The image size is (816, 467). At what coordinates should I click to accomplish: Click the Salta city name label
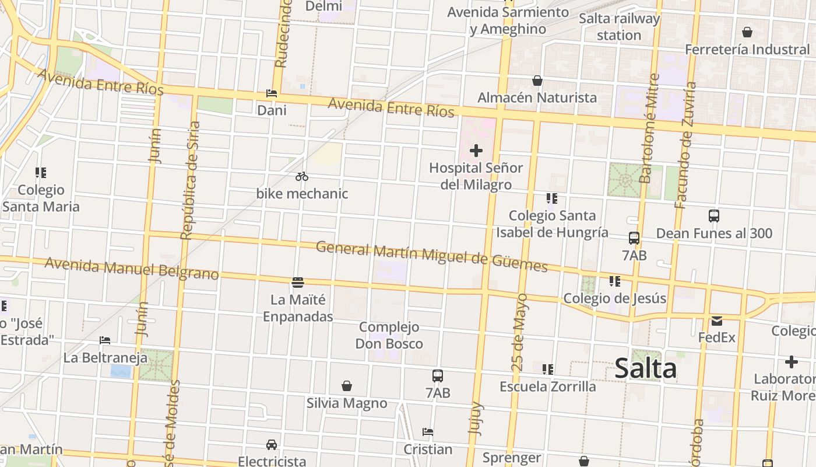coord(646,368)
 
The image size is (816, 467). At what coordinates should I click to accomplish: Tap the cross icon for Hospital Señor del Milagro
coord(476,151)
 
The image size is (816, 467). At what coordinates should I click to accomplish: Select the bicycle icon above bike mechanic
coord(301,176)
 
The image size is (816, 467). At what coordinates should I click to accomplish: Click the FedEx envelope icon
coord(717,320)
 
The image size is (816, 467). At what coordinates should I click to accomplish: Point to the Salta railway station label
coord(619,27)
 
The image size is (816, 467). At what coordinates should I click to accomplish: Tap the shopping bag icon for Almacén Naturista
coord(537,81)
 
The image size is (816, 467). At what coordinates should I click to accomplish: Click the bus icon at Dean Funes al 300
coord(714,216)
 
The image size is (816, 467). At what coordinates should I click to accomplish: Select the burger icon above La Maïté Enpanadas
coord(298,283)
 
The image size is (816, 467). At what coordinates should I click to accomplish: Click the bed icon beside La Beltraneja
coord(105,340)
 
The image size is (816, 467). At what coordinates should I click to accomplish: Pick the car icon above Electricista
coord(272,445)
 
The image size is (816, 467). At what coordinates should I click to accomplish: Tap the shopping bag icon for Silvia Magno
coord(347,386)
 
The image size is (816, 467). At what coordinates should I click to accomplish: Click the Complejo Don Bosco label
coord(389,335)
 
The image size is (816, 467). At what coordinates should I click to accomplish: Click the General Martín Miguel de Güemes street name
coord(431,256)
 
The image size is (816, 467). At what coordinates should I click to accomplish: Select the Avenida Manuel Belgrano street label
coord(132,269)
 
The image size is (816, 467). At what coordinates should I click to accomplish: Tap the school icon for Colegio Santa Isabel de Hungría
coord(552,198)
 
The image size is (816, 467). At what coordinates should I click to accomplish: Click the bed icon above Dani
coord(272,93)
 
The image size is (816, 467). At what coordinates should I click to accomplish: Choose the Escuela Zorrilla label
coord(548,386)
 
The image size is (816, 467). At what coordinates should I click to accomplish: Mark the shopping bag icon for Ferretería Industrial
coord(747,32)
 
